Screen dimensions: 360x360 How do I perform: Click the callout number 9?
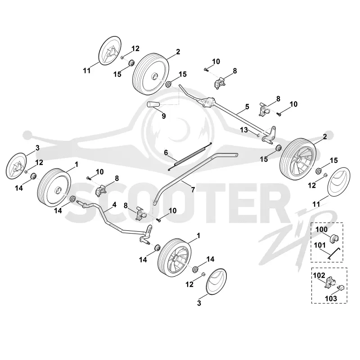coord(163,116)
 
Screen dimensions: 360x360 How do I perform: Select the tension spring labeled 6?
coord(190,157)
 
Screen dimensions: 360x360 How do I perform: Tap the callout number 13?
coord(244,130)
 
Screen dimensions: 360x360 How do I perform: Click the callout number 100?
coord(321,229)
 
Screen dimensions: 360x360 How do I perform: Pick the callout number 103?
coord(331,298)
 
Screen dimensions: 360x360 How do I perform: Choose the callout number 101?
coord(319,245)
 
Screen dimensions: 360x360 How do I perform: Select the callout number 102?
coord(319,275)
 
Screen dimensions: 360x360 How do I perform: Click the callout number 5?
coord(247,107)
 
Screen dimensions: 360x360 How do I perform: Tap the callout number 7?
coord(193,189)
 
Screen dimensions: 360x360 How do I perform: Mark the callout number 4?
coord(114,204)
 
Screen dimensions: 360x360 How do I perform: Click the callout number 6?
coord(166,153)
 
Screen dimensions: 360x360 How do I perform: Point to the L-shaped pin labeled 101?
coord(333,254)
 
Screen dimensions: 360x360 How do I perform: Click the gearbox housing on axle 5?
coord(208,102)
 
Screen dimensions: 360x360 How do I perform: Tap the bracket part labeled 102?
coord(330,282)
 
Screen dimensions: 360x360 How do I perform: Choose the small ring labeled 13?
coord(258,135)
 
